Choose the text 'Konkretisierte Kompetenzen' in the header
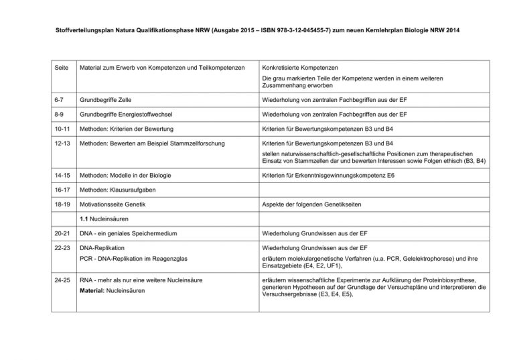pyautogui.click(x=299, y=68)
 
